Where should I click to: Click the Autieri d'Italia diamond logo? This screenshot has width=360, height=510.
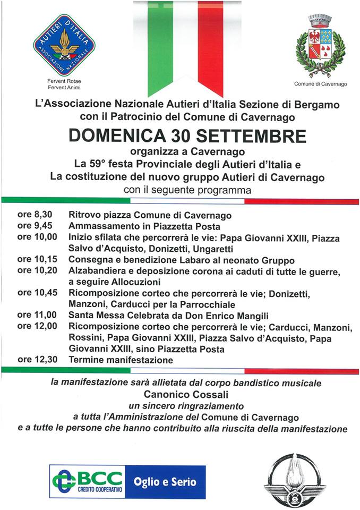tap(64, 45)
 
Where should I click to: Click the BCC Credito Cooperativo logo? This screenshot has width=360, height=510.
tap(87, 482)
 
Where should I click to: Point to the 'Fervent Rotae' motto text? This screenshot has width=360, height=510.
tap(64, 81)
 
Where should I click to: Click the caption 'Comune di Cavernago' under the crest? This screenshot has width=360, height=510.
tap(320, 84)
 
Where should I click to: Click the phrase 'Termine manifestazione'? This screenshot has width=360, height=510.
tap(121, 360)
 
